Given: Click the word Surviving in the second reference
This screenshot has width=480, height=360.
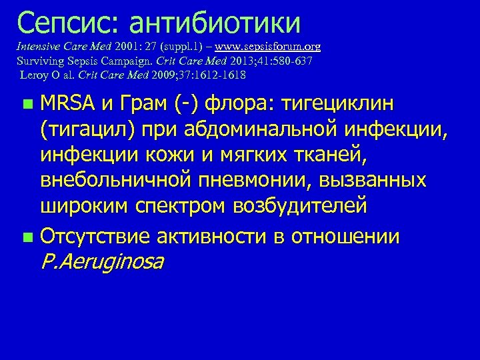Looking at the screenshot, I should [x=36, y=61].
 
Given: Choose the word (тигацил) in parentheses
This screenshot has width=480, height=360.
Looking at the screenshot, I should [x=91, y=129].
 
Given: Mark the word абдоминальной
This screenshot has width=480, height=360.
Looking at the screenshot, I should [x=283, y=129].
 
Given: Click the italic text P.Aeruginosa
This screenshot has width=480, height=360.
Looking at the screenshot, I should [x=102, y=261].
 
